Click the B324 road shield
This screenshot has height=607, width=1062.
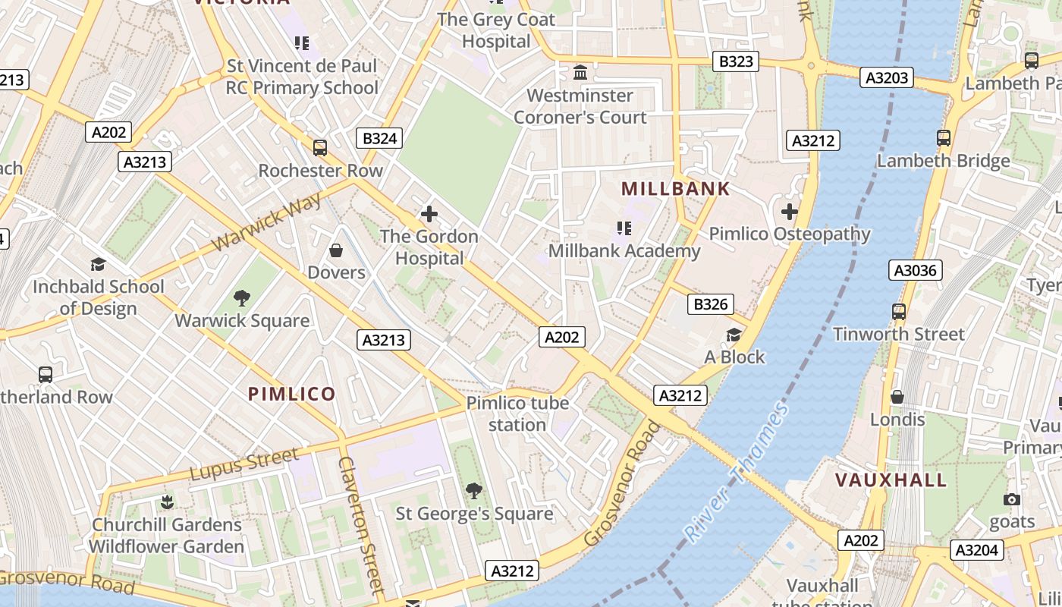379,138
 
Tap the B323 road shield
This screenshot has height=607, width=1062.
735,61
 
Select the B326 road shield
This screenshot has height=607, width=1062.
711,304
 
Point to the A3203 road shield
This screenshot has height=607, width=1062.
887,77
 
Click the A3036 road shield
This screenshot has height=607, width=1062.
916,270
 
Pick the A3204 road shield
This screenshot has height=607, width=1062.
977,550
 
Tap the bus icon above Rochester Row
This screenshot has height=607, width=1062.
320,147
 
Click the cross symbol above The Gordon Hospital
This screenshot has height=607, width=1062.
429,214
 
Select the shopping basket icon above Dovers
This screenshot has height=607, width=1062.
336,250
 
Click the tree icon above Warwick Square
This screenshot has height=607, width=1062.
242,298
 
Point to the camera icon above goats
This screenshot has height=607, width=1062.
1011,499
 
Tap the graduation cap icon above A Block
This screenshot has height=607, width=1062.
734,335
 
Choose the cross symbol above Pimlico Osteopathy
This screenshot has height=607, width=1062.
790,212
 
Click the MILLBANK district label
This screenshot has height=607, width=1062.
675,189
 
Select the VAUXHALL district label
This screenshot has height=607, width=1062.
891,480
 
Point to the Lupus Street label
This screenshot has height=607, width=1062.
244,464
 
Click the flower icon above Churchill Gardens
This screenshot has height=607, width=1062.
167,502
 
